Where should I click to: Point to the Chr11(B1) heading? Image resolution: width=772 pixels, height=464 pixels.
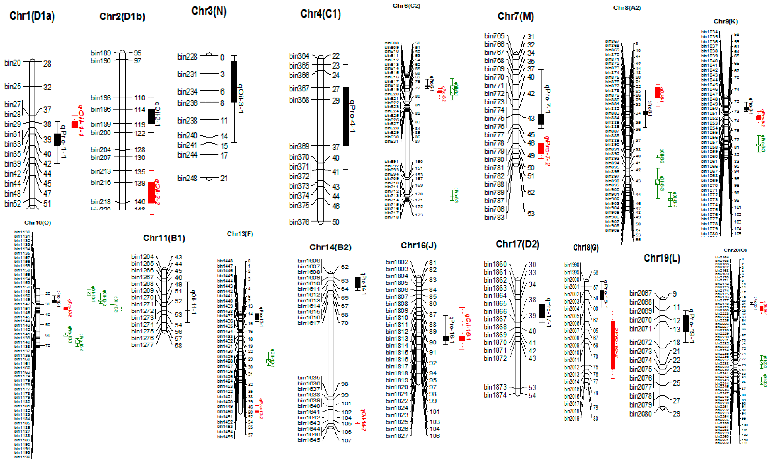[x=164, y=238]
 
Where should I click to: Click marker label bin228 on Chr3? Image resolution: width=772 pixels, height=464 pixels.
[x=187, y=57]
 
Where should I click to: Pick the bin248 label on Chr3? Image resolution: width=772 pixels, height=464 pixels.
[x=187, y=178]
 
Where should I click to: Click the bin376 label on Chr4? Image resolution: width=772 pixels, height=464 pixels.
[x=299, y=222]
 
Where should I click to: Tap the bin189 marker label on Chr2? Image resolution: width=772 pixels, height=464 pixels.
[x=101, y=53]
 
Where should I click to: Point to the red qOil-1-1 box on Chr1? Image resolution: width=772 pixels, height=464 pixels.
[x=75, y=124]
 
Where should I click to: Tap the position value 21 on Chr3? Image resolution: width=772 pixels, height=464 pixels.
[x=223, y=178]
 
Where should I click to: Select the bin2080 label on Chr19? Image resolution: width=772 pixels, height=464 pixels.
[x=640, y=414]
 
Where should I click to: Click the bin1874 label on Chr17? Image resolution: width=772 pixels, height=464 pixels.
[x=495, y=395]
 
